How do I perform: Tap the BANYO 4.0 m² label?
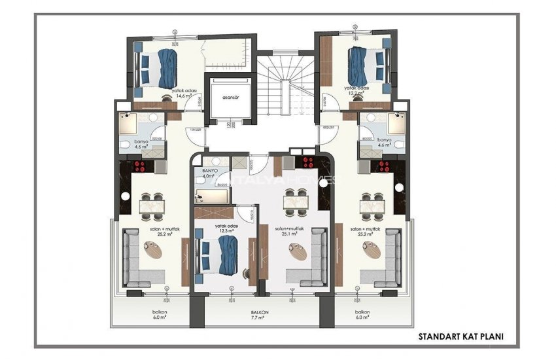(211, 173)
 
